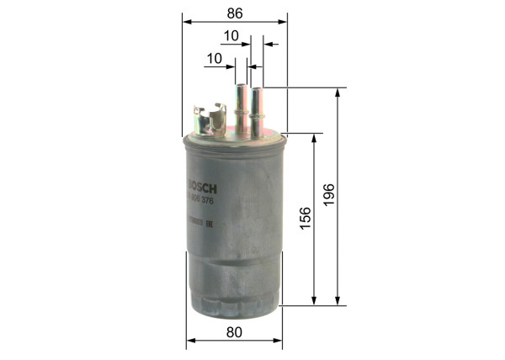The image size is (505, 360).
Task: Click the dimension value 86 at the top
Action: coord(235,13)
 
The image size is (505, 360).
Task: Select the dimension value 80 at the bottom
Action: coord(234,332)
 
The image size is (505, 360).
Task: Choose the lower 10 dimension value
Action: coord(214,58)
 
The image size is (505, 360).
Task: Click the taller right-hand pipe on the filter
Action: coord(255,105)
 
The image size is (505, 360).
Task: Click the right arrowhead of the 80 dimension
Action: coord(279,341)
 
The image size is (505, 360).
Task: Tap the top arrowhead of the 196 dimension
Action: coord(338,91)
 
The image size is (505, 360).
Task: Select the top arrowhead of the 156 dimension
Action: coord(315,136)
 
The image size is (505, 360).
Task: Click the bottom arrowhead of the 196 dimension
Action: coord(338,302)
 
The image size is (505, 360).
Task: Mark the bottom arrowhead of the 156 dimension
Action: coord(315,302)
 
